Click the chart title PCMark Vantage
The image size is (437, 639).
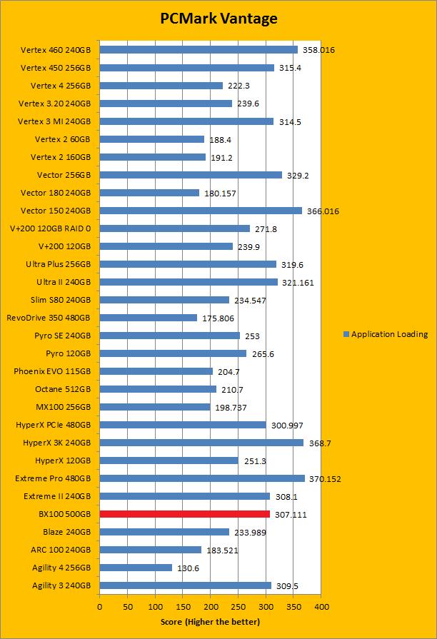218,19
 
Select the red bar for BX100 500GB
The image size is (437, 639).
184,514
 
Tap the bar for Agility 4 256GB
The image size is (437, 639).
136,568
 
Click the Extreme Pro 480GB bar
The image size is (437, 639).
202,478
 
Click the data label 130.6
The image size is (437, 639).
189,568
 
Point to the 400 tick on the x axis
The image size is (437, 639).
321,607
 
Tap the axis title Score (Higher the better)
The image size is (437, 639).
211,622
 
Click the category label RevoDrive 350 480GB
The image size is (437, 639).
49,318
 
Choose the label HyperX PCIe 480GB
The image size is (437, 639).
53,425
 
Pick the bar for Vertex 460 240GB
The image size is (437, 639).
199,50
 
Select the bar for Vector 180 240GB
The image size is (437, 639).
149,193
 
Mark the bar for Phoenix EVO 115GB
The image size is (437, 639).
156,371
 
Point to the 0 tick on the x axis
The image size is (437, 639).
100,607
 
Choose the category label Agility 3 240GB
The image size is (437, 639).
61,585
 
